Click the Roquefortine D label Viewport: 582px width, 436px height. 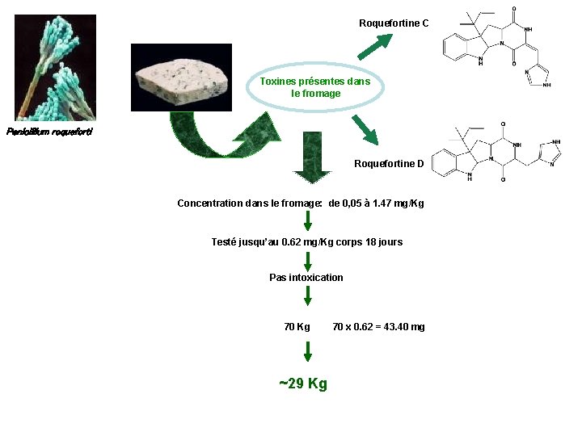click(389, 164)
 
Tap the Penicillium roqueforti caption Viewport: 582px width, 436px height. click(48, 132)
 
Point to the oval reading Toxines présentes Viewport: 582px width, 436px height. click(315, 87)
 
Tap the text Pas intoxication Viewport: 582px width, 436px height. click(306, 278)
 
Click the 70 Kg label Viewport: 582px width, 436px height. click(297, 327)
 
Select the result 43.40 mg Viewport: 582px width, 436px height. click(400, 327)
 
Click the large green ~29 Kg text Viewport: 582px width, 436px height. click(303, 383)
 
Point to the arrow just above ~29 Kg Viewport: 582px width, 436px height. click(307, 350)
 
